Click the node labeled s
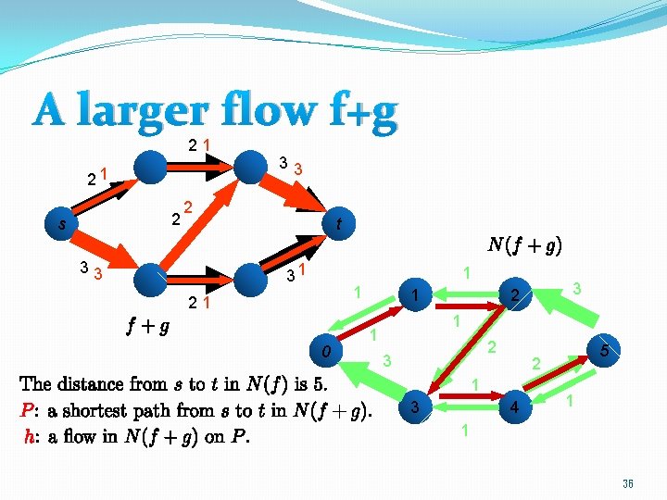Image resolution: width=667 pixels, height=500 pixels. coord(62,223)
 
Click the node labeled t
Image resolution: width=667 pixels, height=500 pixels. coord(340,223)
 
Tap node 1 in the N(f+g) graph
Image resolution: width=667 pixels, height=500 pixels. coord(417,295)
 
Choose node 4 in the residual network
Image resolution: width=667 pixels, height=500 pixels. coord(511,407)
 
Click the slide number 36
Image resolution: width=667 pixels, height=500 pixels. coord(627,482)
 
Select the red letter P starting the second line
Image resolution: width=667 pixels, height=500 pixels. coord(26,410)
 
